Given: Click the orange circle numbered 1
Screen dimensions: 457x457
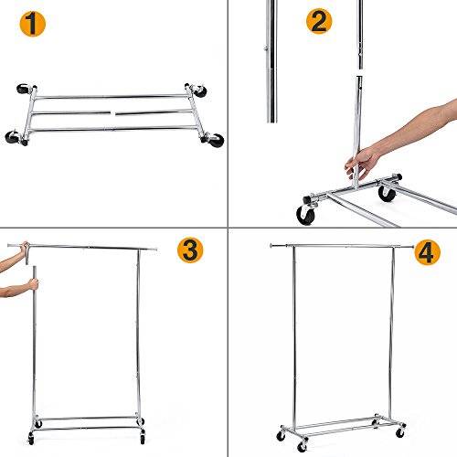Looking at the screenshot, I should point(33,25).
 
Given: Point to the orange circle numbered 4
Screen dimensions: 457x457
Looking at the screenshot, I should point(421,250).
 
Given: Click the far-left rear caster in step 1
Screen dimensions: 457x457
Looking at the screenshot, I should point(23,90).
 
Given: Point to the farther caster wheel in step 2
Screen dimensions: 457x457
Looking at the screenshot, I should point(387,192).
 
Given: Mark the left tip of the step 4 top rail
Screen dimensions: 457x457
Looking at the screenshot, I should point(271,245).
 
